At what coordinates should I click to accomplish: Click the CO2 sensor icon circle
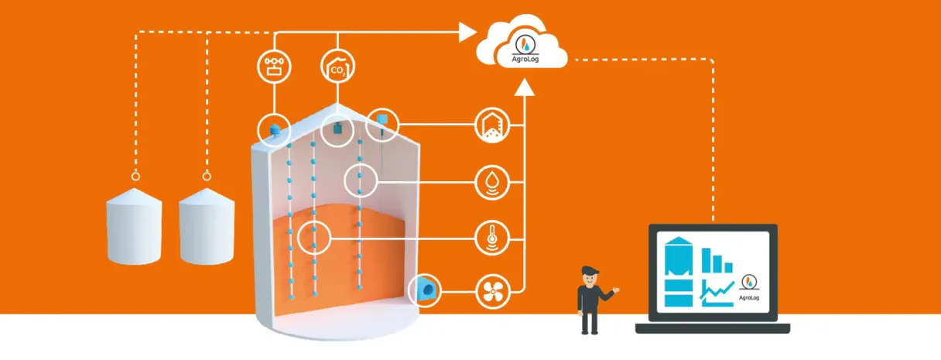338,67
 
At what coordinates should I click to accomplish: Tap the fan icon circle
492,291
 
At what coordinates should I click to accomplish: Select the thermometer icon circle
492,236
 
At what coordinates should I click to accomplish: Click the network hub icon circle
274,67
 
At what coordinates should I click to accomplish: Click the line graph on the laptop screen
717,293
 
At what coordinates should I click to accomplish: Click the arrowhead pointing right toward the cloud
467,32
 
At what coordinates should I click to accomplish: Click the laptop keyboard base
712,328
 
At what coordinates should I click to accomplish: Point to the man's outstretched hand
616,290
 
